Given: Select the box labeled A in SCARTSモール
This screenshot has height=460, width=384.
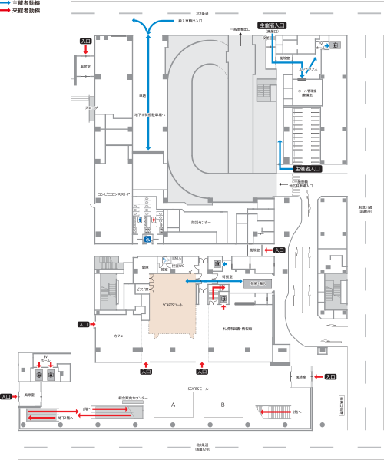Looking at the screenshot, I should coord(174,404).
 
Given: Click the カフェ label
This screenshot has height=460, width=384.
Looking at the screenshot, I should coord(118,336).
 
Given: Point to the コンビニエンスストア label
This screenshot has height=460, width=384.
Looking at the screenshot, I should coord(113,194).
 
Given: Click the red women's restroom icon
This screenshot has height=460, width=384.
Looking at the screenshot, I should coord(154,218).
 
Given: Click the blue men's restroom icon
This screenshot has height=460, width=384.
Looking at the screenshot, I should coord(138,219).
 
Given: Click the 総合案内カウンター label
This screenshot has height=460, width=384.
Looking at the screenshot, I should coord(133,397).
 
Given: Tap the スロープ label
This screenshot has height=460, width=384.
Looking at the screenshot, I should coord(91,108).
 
